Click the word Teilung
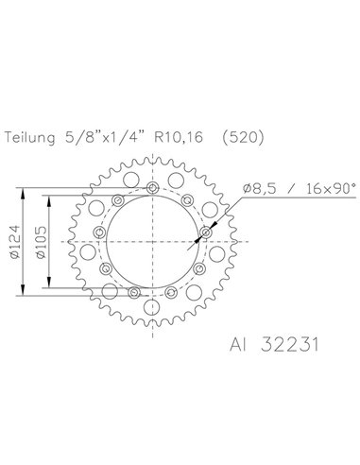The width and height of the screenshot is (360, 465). (29, 138)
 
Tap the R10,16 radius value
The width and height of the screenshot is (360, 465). (179, 137)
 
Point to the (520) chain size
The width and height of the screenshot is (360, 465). (242, 137)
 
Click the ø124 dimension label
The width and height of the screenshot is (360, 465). (15, 242)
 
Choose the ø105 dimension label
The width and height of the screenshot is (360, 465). (41, 242)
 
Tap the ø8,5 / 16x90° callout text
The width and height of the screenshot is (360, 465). (300, 188)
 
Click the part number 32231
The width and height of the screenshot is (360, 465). (290, 344)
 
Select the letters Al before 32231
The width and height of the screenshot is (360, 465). (237, 344)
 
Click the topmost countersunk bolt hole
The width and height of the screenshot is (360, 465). (153, 188)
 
